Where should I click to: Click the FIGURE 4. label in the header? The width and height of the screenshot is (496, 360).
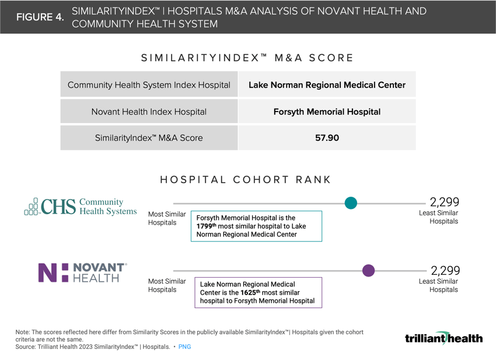pyautogui.click(x=40, y=17)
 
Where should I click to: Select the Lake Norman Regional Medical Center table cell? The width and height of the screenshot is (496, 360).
pyautogui.click(x=327, y=85)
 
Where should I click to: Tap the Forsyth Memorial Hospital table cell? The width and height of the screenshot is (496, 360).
pyautogui.click(x=327, y=111)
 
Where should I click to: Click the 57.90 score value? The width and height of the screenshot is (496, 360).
pyautogui.click(x=327, y=138)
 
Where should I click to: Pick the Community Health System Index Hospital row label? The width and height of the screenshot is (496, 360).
pyautogui.click(x=149, y=85)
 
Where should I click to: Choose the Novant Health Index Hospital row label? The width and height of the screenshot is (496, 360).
pyautogui.click(x=149, y=111)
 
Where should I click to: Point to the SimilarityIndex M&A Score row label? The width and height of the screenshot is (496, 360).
pyautogui.click(x=149, y=138)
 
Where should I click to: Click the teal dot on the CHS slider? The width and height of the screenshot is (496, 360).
pyautogui.click(x=351, y=203)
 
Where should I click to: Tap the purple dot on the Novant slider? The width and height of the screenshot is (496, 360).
pyautogui.click(x=368, y=271)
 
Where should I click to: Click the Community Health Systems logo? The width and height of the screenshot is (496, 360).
pyautogui.click(x=81, y=207)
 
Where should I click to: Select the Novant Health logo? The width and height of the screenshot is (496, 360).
pyautogui.click(x=82, y=272)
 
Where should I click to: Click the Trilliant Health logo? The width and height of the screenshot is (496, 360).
pyautogui.click(x=443, y=338)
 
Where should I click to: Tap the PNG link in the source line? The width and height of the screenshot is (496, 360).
pyautogui.click(x=184, y=347)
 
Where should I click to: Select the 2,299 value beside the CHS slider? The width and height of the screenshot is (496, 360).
pyautogui.click(x=445, y=202)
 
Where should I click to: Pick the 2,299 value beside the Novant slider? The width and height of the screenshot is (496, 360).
pyautogui.click(x=445, y=270)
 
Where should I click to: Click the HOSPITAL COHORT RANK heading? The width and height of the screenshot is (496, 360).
pyautogui.click(x=245, y=180)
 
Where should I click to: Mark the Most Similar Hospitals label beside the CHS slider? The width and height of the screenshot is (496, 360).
pyautogui.click(x=167, y=218)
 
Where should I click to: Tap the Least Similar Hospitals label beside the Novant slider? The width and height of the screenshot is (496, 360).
pyautogui.click(x=438, y=285)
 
